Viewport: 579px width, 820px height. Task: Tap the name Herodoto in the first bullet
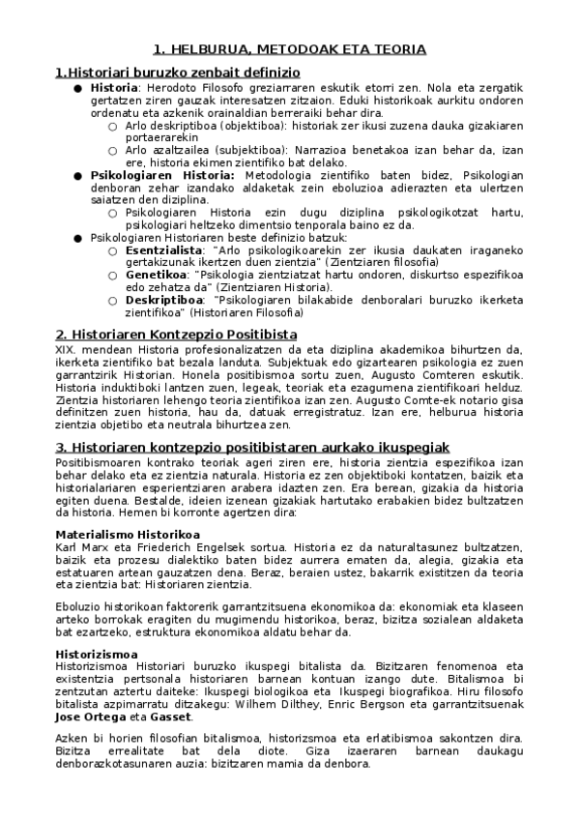point(169,87)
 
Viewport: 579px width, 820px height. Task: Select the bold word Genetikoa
point(157,275)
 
